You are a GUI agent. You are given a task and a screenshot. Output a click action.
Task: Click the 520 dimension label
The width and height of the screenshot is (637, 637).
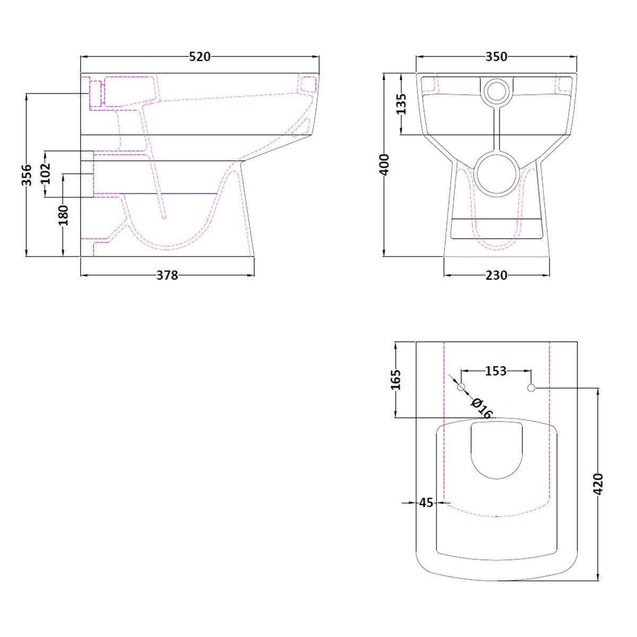coord(200,57)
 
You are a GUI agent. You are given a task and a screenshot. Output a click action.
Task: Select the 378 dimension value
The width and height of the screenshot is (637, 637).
coord(167,275)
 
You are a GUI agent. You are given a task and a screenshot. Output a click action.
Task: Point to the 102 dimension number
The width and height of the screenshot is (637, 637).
coord(46,173)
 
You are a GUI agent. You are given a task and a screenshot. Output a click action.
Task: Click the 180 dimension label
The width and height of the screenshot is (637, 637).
coord(63,215)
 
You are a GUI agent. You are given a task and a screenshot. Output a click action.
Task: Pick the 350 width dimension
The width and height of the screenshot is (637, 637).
coord(496,57)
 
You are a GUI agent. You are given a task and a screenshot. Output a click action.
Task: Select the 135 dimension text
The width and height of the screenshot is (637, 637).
coord(401,104)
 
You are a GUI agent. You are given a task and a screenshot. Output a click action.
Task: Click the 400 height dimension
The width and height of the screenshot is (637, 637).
coord(385,165)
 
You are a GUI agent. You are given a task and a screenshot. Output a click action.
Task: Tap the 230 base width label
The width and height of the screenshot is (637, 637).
coord(496,275)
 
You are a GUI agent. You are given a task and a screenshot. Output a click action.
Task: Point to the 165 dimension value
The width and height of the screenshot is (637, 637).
coord(396,380)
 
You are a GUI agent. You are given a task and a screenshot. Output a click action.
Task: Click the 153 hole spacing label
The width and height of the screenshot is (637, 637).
coord(496,371)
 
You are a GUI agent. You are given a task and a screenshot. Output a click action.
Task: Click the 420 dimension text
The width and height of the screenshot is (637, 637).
coord(598,484)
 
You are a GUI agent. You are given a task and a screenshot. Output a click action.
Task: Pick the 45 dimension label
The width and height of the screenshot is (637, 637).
coord(426,502)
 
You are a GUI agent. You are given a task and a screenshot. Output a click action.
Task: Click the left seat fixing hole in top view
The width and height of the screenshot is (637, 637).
coord(461,388)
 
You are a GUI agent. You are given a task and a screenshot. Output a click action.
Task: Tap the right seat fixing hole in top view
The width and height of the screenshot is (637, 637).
coord(531,388)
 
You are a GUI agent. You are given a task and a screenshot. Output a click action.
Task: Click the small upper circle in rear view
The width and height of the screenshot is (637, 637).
coord(497,91)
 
